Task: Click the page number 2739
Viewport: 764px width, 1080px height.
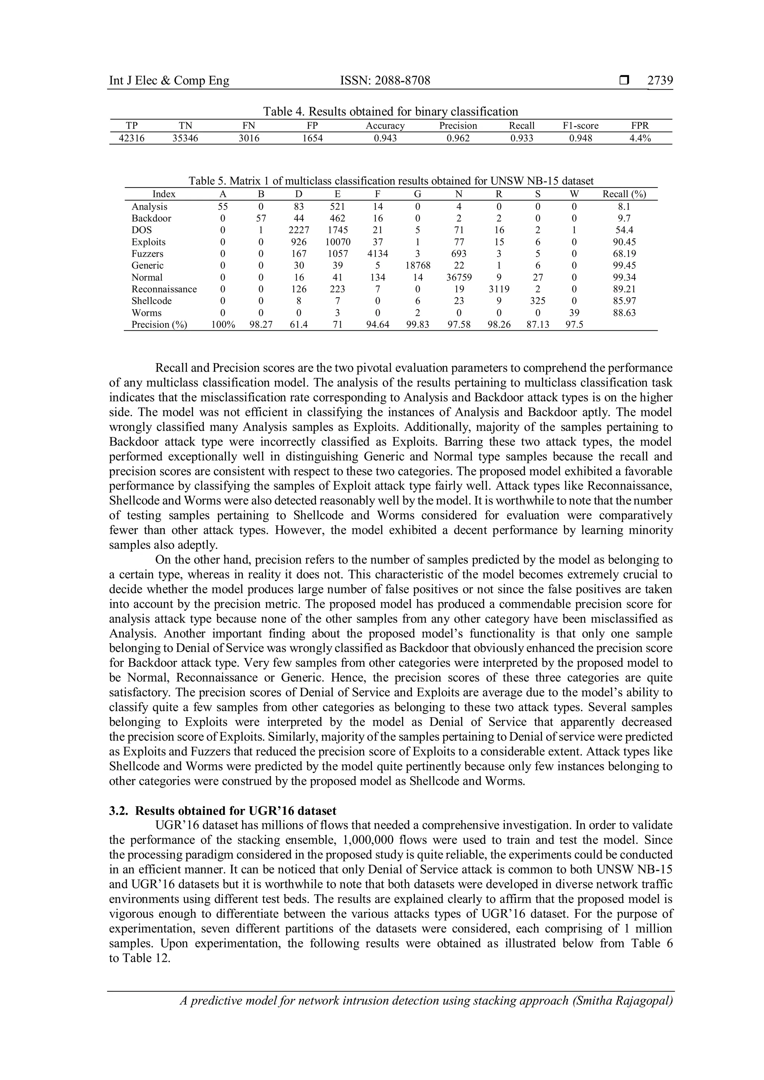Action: coord(660,81)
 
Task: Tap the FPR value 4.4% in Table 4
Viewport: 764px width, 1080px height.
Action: coord(640,138)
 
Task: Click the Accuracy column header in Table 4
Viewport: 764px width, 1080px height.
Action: coord(385,126)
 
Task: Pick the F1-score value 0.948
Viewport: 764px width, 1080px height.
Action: coord(580,138)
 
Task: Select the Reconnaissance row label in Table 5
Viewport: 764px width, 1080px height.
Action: coord(164,289)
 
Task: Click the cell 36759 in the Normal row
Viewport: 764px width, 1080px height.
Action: coord(459,277)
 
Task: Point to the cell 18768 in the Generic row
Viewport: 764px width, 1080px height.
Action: coord(417,265)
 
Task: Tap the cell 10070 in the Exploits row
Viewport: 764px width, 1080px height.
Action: coord(337,242)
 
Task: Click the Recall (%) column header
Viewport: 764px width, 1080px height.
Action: coord(624,194)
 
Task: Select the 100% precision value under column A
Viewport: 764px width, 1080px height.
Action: coord(223,324)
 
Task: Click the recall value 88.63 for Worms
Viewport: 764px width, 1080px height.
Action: coord(624,313)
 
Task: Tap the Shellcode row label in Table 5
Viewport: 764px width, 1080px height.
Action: coord(151,301)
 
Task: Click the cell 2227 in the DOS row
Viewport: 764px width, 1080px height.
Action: coord(299,230)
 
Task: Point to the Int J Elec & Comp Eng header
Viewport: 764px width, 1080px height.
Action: coord(169,81)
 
